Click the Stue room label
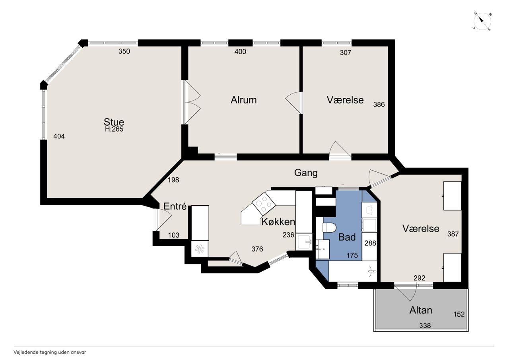click(x=114, y=122)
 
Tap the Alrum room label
click(x=244, y=100)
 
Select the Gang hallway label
click(x=306, y=173)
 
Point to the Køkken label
click(x=278, y=222)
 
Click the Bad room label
click(x=347, y=237)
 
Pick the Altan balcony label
click(x=421, y=310)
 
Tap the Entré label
click(x=175, y=206)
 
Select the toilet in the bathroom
click(x=329, y=228)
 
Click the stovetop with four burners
click(x=264, y=204)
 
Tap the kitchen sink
click(x=304, y=242)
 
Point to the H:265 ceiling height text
click(x=114, y=129)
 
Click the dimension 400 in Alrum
click(x=240, y=52)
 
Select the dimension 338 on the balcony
click(x=425, y=326)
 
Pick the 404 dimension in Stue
click(x=59, y=136)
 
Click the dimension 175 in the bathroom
click(x=352, y=255)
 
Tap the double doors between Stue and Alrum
click(x=192, y=102)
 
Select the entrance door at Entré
click(x=163, y=219)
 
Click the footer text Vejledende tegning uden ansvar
click(x=50, y=352)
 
